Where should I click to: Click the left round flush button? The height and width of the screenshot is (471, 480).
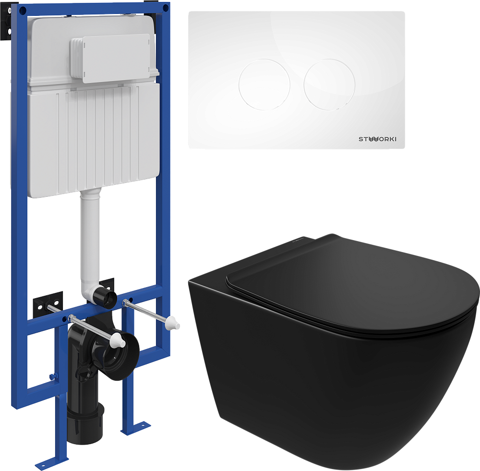264,85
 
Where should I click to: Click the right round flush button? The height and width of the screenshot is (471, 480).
329,85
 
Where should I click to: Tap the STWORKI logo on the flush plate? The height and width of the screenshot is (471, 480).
377,139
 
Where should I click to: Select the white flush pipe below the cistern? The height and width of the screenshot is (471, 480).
90,242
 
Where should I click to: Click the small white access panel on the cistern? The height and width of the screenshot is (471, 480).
111,58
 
